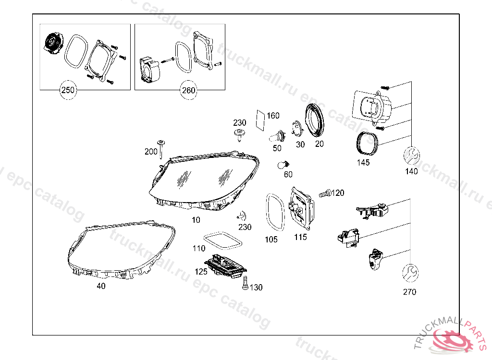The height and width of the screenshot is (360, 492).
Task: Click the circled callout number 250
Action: pyautogui.click(x=68, y=90)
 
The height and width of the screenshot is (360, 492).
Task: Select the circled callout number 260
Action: pyautogui.click(x=188, y=90)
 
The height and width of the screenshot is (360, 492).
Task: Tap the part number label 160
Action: pyautogui.click(x=273, y=116)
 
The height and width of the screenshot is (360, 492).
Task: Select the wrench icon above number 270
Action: pyautogui.click(x=410, y=273)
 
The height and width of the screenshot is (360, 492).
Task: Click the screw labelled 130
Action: pyautogui.click(x=245, y=284)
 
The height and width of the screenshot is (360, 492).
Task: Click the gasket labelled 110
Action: pyautogui.click(x=221, y=240)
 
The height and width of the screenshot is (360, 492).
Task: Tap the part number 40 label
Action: pyautogui.click(x=101, y=286)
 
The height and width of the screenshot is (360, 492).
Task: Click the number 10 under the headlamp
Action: pyautogui.click(x=196, y=220)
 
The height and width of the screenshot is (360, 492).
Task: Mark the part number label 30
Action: pyautogui.click(x=300, y=144)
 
